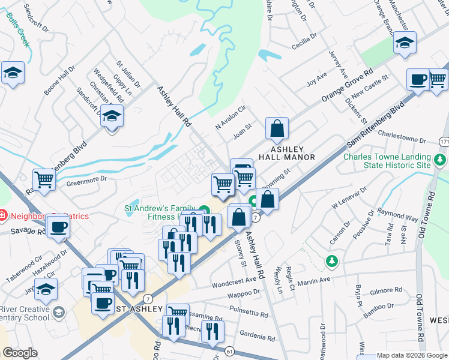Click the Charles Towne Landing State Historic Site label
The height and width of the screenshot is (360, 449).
(x=387, y=161)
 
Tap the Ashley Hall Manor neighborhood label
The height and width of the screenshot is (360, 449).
(x=286, y=153)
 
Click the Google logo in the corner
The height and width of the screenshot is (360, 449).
(x=20, y=353)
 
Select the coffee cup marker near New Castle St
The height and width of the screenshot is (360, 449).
(x=418, y=79)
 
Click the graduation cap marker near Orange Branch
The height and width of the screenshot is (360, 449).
(x=405, y=43)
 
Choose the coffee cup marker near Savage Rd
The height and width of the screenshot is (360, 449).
(x=59, y=226)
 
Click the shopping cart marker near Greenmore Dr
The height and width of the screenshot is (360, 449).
(x=44, y=179)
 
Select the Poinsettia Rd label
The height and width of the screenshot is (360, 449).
(x=249, y=313)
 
